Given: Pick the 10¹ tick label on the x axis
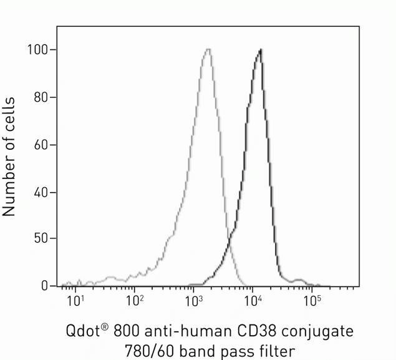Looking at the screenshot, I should pos(75,300).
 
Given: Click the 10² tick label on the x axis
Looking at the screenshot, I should pos(135,300).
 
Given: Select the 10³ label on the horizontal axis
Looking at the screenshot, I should pos(194,300).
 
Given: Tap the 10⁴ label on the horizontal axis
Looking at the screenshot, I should pos(253,300).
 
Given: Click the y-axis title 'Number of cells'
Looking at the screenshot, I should pos(9,157).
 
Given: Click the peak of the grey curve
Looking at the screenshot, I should pos(208,49).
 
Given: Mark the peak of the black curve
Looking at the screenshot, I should pos(260,49).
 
